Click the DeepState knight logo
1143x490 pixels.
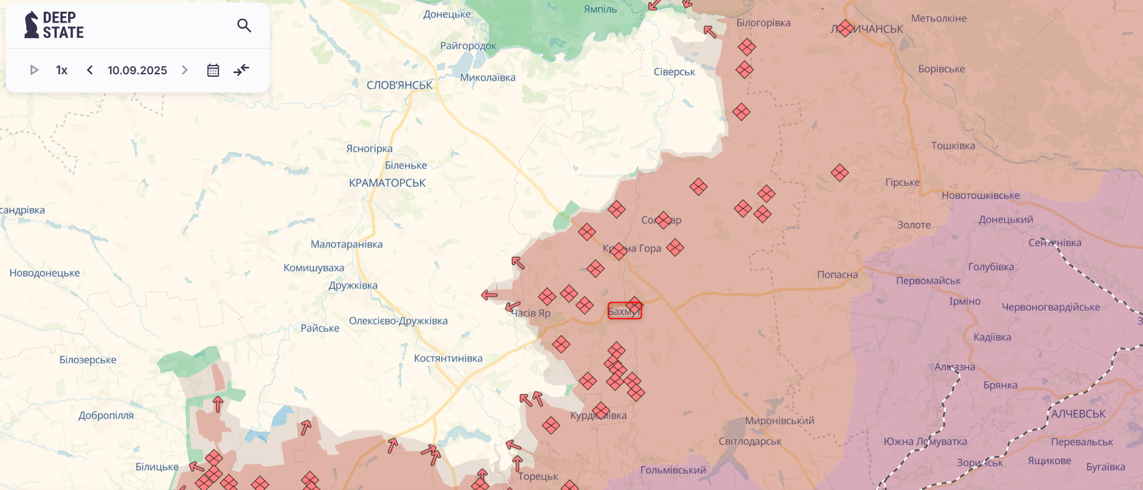coord(31,25)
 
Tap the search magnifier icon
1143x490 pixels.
coord(244,26)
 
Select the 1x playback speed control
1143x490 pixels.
coord(62,71)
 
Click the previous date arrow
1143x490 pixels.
coord(90,70)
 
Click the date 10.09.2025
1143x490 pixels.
coord(137,71)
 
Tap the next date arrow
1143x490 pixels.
coord(185,70)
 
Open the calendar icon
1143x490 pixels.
coord(213,70)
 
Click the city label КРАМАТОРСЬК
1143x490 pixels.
coord(387,183)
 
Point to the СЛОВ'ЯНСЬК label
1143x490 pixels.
coord(400,85)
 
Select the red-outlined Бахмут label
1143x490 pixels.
coord(624,311)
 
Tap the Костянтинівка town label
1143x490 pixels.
coord(448,358)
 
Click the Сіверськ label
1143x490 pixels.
coord(674,72)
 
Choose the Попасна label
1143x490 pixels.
coord(837,275)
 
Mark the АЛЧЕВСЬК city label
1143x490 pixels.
coord(1078,414)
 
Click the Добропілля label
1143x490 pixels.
coord(106,415)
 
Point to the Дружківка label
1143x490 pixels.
coord(353,285)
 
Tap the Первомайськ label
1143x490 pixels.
coord(928,281)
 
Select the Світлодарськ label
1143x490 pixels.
coord(750,441)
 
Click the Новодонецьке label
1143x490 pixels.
coord(45,273)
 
